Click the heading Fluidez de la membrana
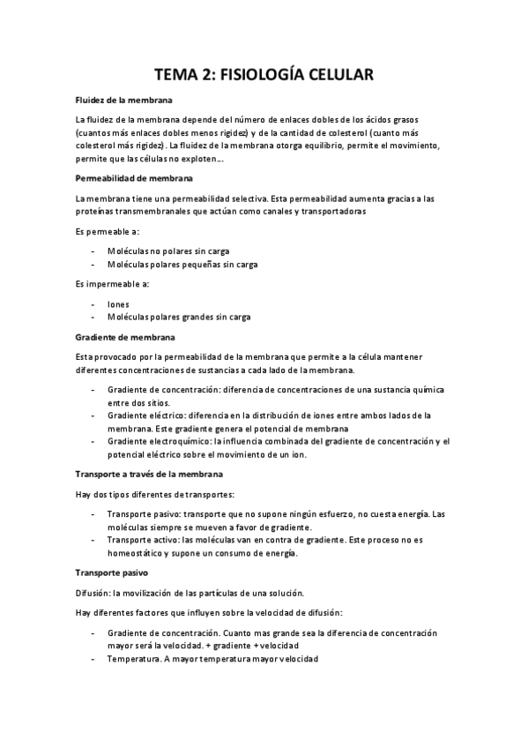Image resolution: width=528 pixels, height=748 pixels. (123, 101)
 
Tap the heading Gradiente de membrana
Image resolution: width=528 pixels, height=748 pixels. (125, 337)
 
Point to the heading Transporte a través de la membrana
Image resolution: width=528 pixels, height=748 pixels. (149, 474)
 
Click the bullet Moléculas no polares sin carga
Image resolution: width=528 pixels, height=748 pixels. (167, 251)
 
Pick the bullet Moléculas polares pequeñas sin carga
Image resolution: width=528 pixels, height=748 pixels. (182, 264)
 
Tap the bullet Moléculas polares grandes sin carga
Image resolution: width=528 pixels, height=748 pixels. (178, 318)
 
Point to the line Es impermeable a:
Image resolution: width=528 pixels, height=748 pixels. (112, 284)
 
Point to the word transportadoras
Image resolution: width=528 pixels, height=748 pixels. (322, 212)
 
